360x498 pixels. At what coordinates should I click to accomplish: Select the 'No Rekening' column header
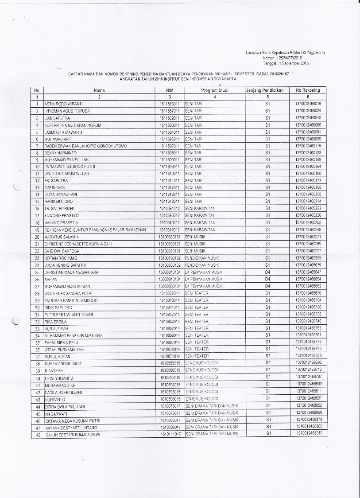coord(308,90)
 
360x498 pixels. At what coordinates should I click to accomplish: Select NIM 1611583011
coord(169,103)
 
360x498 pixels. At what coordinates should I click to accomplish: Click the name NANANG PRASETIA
coord(61,222)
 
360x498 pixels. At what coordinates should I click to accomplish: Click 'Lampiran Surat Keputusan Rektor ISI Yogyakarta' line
coord(285,53)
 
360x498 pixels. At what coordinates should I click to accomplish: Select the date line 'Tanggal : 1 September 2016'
coord(285,63)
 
